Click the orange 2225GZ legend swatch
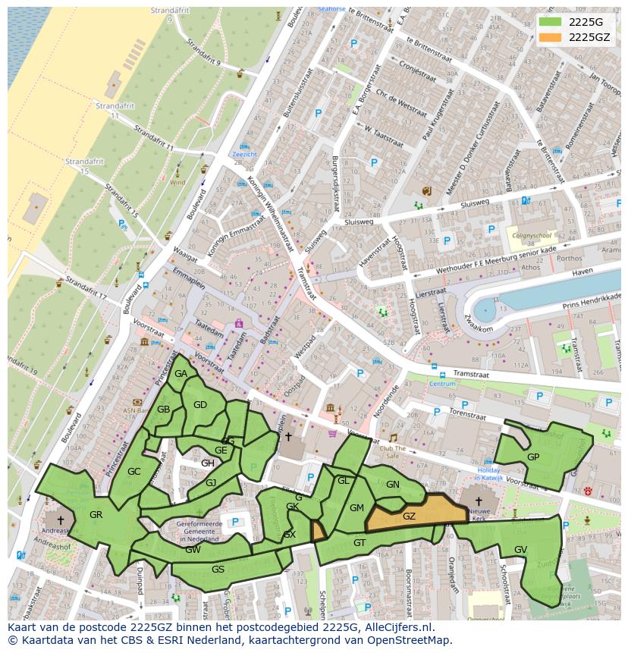click(551, 37)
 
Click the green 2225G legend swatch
click(551, 21)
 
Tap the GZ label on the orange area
click(409, 516)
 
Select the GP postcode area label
click(533, 457)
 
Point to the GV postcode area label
click(520, 549)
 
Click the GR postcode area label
click(96, 515)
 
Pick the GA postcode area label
click(181, 374)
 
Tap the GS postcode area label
click(218, 569)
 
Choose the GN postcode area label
click(392, 485)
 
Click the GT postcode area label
click(360, 542)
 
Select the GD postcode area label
click(200, 405)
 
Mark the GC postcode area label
click(134, 472)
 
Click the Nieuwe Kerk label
click(479, 516)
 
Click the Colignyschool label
click(532, 234)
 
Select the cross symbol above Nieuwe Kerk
click(479, 501)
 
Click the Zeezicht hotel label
click(245, 154)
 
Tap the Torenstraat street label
click(467, 415)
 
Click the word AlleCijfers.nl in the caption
click(396, 627)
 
